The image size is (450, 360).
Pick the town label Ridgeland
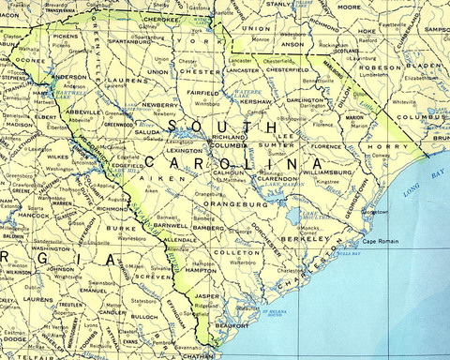pos(217,307)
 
